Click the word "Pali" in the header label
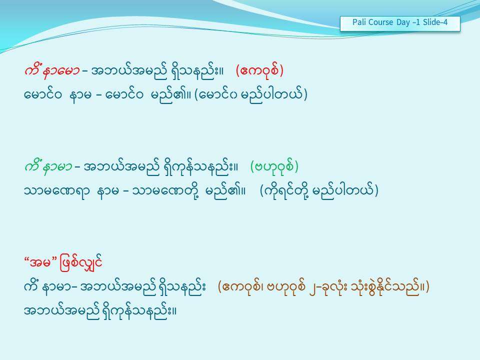(359, 22)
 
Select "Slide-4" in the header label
(435, 22)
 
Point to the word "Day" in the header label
(403, 22)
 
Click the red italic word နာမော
(61, 71)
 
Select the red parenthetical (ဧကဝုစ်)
(259, 70)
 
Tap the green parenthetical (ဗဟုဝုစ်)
(274, 167)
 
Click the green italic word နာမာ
(57, 167)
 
